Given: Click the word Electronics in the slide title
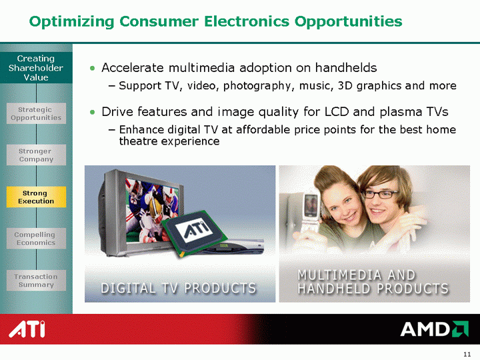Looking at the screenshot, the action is tap(246, 21).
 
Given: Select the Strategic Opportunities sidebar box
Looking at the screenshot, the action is tap(36, 113).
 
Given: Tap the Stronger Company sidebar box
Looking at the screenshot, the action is tap(36, 155).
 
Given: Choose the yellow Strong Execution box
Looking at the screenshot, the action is tap(36, 197).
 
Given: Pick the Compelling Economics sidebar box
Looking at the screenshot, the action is tap(36, 239).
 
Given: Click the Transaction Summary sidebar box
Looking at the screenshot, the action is tap(36, 281).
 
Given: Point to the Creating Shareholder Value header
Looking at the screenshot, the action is tap(36, 67).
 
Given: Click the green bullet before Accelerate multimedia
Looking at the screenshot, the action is tap(93, 68).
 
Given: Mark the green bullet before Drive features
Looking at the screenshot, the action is tap(93, 112).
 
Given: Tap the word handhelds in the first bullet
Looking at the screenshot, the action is tap(346, 67).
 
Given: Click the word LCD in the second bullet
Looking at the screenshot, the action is tap(337, 112).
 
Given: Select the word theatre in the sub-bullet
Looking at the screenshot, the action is tap(138, 141).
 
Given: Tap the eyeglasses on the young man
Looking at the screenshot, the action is tap(380, 194).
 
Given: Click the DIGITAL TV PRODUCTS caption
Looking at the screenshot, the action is tap(179, 288).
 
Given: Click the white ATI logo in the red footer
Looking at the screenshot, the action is tap(27, 329).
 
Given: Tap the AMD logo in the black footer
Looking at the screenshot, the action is tap(435, 329).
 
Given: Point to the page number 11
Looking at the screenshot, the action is tap(467, 354).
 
